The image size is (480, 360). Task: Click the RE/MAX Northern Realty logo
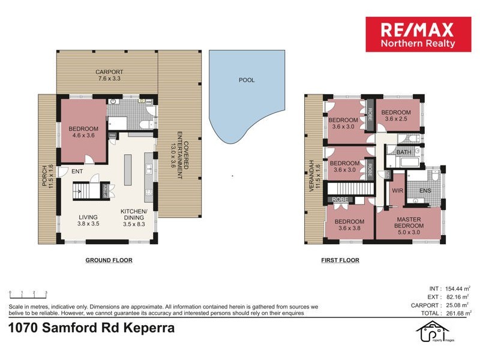(419, 34)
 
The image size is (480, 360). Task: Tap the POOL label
(246, 79)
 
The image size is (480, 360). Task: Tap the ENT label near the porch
(77, 172)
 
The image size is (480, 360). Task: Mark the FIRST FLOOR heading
(340, 260)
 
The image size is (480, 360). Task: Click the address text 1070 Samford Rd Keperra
(91, 328)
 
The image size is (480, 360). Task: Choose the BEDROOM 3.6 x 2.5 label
(396, 116)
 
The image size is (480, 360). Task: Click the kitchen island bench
(128, 170)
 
